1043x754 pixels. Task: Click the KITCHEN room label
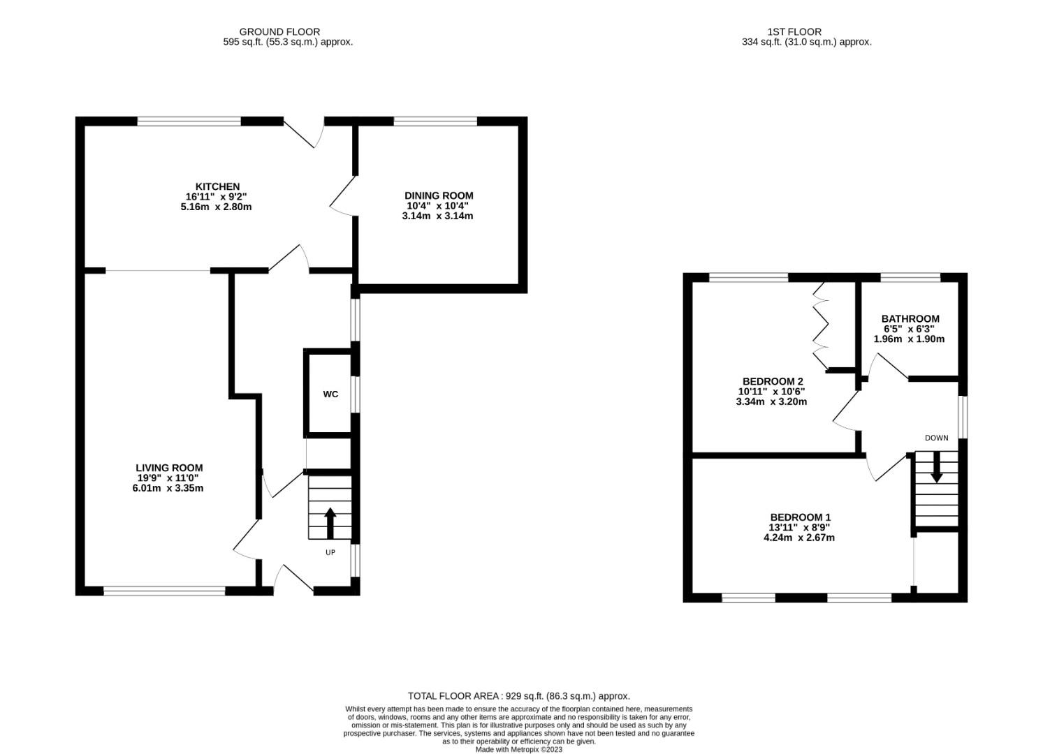click(x=217, y=186)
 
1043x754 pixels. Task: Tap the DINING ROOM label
click(x=439, y=196)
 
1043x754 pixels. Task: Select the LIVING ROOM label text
click(x=169, y=468)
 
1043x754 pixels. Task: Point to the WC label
click(x=330, y=394)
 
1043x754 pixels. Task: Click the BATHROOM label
click(x=910, y=319)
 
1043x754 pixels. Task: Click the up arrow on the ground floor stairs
click(x=330, y=523)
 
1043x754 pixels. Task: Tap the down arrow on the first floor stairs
click(x=936, y=467)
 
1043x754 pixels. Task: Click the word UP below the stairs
click(x=330, y=552)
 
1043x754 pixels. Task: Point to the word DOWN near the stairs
click(x=936, y=438)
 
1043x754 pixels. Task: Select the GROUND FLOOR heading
click(x=279, y=31)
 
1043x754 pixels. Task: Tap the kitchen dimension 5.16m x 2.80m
click(x=216, y=207)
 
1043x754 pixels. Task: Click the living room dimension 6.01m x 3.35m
click(x=168, y=488)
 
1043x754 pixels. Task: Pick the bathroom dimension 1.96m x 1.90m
click(x=909, y=339)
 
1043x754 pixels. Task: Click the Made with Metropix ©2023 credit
click(x=519, y=750)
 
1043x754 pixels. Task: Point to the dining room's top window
click(x=435, y=121)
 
